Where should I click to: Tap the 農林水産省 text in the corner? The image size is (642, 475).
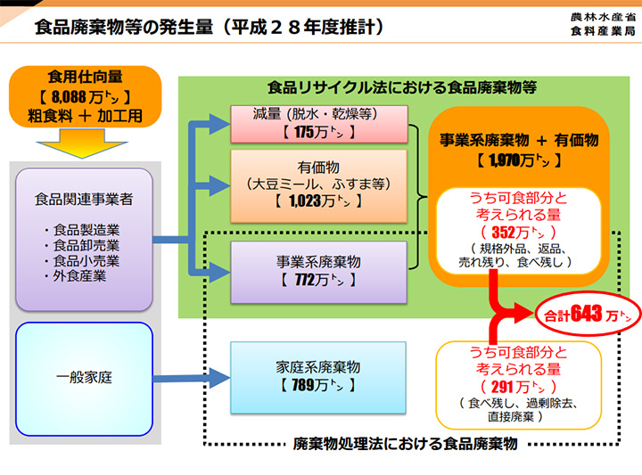pos(603,17)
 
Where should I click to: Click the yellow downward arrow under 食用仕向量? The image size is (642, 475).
pos(86,140)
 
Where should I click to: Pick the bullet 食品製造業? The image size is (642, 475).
pos(85,229)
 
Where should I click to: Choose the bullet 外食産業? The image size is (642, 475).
pos(79,276)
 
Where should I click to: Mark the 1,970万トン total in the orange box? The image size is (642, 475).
pos(518,160)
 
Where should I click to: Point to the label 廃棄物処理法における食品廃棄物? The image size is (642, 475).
pos(405,443)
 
